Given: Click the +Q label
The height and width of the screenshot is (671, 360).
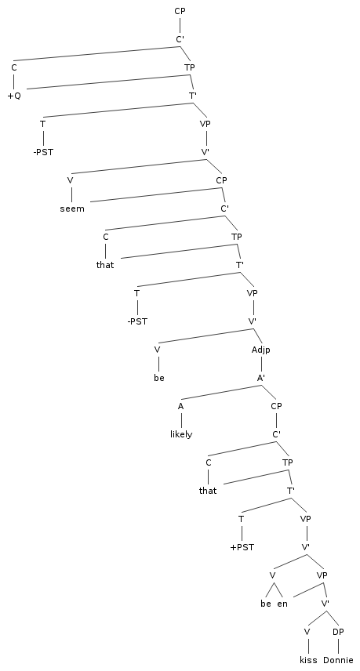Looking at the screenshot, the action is [14, 96].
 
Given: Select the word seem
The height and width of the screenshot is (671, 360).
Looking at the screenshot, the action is [72, 209].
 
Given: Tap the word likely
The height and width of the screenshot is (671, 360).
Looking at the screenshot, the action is [181, 434].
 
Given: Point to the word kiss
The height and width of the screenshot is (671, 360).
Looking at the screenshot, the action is [308, 660].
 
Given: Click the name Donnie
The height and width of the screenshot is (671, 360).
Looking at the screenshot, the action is [338, 660].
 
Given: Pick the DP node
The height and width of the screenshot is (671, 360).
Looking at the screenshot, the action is [338, 632].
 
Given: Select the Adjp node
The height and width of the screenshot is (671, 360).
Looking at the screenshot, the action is [260, 350].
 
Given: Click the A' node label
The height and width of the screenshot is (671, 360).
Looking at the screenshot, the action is [261, 378].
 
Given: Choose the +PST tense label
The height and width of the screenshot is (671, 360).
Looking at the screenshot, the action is [242, 547].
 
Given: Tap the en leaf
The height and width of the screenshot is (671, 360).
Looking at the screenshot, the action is [282, 604].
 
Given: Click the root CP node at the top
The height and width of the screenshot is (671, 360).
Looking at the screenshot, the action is [180, 11].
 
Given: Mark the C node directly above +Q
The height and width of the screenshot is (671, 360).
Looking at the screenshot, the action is [14, 67].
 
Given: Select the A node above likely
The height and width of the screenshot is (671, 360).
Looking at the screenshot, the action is [180, 407].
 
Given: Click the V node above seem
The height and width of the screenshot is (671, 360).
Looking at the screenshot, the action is [70, 180].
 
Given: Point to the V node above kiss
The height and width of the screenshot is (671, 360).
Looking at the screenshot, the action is [307, 632].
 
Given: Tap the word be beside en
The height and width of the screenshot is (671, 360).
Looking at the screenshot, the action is [265, 604].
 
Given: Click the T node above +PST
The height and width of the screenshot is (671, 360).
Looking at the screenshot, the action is [241, 519].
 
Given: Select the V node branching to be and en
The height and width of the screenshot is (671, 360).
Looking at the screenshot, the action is [272, 575].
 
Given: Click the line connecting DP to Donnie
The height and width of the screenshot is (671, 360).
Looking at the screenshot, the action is [338, 646].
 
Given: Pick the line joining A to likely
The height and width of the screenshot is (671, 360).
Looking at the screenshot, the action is [181, 420].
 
